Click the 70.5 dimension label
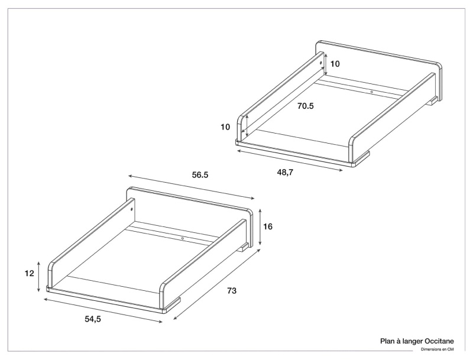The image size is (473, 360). coord(305,106)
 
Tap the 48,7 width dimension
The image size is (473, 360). coord(285,173)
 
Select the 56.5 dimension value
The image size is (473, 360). coord(200,175)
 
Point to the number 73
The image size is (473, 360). coord(232,291)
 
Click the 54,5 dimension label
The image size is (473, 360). coord(93,319)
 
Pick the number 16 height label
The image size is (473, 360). coord(268,226)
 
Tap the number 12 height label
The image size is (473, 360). coord(29,274)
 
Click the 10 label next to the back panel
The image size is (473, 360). coord(335,64)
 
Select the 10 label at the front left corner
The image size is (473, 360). coord(225,127)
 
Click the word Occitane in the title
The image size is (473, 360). coord(439,341)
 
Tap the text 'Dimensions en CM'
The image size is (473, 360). coord(438,350)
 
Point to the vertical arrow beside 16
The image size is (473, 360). coord(260,227)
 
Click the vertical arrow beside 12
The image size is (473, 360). coord(38,277)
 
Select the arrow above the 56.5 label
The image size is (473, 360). coord(192,187)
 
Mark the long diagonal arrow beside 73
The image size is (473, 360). coord(217,284)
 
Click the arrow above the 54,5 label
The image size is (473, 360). coord(103,310)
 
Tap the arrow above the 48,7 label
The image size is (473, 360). coord(290,160)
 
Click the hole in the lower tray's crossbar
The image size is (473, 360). coord(183,238)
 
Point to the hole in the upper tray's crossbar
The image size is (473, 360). coord(372,92)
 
